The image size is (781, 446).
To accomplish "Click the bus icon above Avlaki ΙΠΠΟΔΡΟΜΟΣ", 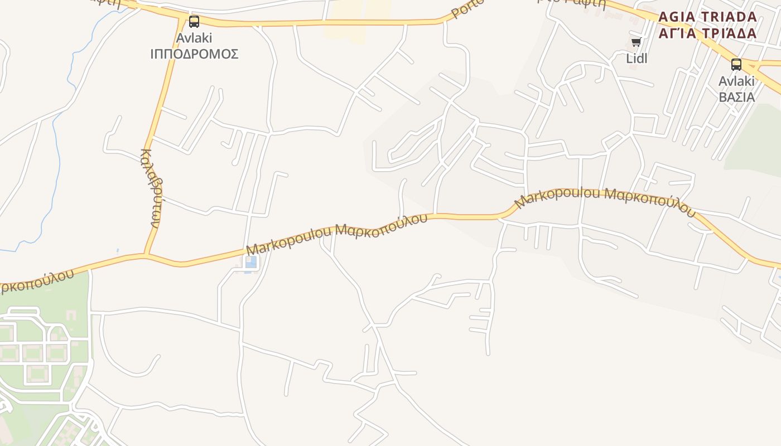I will [194, 22].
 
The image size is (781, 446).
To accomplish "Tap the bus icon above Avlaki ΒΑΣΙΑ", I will [736, 65].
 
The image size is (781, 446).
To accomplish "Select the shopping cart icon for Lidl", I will [636, 42].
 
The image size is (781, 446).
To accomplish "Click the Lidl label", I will [637, 58].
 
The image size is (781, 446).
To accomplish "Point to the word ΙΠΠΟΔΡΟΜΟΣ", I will [194, 54].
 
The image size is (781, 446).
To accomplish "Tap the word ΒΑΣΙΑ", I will [736, 97].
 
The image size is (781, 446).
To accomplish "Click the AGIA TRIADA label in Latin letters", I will [707, 17].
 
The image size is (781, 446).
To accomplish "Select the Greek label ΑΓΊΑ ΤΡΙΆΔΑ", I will [707, 33].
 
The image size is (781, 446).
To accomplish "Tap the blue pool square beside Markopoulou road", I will [251, 262].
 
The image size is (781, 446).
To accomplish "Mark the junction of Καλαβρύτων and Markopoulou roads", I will [146, 256].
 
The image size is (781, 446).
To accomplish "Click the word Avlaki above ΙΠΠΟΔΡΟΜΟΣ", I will [194, 38].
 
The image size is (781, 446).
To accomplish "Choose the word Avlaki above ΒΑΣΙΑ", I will [736, 81].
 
